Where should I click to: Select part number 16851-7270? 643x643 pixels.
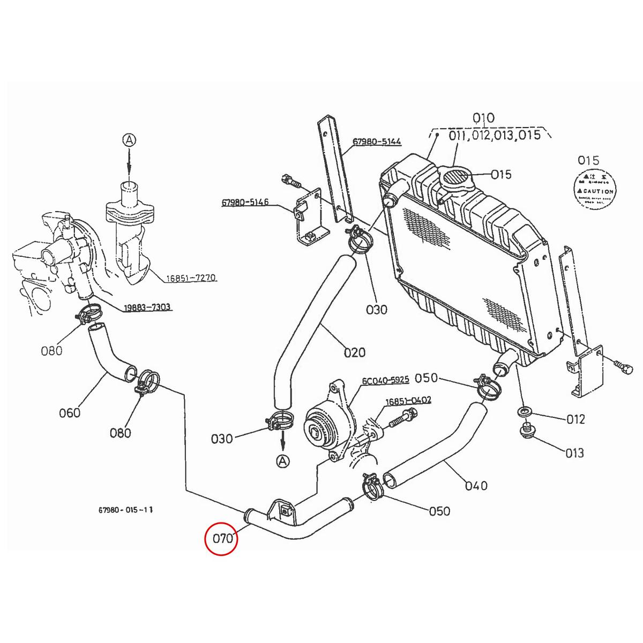tap(190, 278)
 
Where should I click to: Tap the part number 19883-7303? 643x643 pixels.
tap(147, 307)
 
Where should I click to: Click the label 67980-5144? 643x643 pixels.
tap(377, 142)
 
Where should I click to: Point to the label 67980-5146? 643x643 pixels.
tap(245, 203)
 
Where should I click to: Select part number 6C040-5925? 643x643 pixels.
tap(385, 380)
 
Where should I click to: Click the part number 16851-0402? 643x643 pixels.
tap(408, 400)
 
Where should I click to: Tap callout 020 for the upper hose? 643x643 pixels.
tap(354, 352)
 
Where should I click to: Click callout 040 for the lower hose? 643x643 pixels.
tap(476, 485)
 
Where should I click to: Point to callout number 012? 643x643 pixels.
tap(575, 419)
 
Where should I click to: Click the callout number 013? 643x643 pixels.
tap(574, 453)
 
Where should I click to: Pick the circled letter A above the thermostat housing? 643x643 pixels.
tap(129, 140)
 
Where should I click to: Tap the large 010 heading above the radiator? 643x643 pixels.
tap(483, 117)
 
